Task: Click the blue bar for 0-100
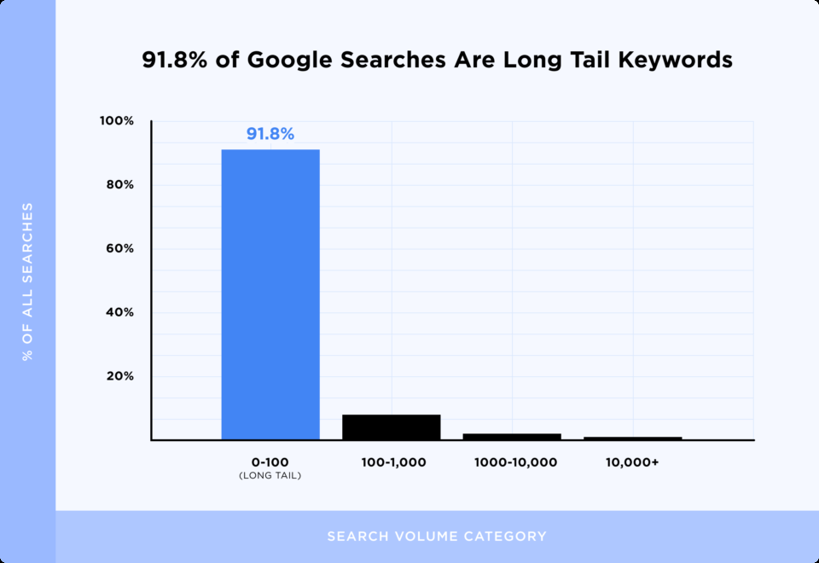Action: point(270,294)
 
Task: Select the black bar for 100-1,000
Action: point(391,427)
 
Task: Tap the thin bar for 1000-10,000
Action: point(512,437)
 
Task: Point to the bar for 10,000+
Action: point(632,438)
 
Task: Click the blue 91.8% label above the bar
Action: point(270,134)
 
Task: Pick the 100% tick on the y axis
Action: point(117,121)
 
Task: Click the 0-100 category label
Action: point(270,462)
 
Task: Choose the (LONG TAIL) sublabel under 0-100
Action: point(270,475)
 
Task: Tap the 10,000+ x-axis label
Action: point(632,462)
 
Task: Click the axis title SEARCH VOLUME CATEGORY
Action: point(437,537)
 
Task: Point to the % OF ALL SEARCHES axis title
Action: point(27,281)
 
